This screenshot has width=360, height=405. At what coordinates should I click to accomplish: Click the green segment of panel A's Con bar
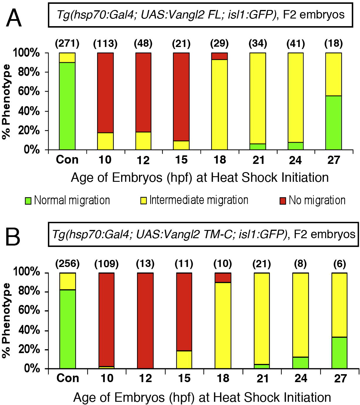(67, 106)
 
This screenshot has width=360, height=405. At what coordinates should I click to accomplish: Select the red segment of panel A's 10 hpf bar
(105, 93)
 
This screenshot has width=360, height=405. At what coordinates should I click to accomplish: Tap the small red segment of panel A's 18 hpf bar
(219, 56)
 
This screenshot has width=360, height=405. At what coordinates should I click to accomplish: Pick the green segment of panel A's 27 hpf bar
(334, 123)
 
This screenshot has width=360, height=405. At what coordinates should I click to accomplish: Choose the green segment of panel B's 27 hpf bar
(339, 353)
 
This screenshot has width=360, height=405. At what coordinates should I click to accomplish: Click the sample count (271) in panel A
(67, 43)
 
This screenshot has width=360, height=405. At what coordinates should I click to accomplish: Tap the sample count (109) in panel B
(106, 263)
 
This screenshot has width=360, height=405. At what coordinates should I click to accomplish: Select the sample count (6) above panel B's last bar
(339, 263)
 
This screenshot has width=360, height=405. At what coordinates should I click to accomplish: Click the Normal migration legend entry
(67, 200)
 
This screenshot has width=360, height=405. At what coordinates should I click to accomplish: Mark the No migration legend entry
(313, 200)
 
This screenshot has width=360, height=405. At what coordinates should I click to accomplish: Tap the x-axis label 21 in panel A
(258, 160)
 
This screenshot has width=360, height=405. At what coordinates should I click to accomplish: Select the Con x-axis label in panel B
(68, 378)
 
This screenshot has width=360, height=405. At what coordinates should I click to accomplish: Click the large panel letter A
(13, 18)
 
